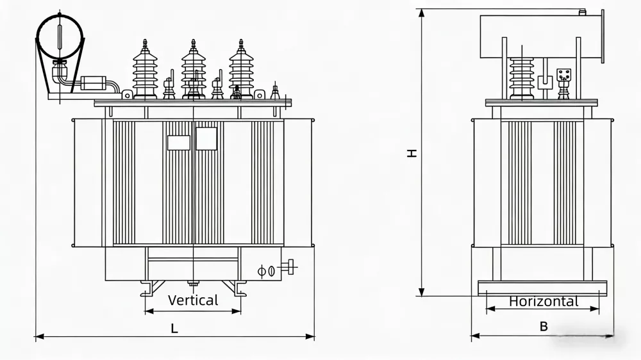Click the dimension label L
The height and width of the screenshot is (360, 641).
click(174, 329)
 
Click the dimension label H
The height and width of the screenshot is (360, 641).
click(413, 152)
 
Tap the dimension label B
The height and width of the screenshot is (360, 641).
click(544, 326)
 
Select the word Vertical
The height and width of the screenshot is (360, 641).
click(193, 300)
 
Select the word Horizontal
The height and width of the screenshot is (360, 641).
click(544, 301)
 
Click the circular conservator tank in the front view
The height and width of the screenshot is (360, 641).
click(60, 37)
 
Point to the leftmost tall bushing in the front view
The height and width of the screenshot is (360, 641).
click(145, 70)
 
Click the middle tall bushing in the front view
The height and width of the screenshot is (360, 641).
click(193, 70)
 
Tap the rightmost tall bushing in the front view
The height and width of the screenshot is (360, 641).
click(241, 70)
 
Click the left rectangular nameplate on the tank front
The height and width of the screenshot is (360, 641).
click(178, 142)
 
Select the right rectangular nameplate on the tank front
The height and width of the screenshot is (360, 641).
click(206, 138)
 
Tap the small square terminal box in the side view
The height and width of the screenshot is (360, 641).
click(564, 75)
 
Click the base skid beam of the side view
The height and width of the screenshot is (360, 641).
click(542, 288)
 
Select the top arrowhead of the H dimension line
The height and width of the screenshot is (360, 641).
click(422, 13)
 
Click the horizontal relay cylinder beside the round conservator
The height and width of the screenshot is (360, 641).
click(93, 83)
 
